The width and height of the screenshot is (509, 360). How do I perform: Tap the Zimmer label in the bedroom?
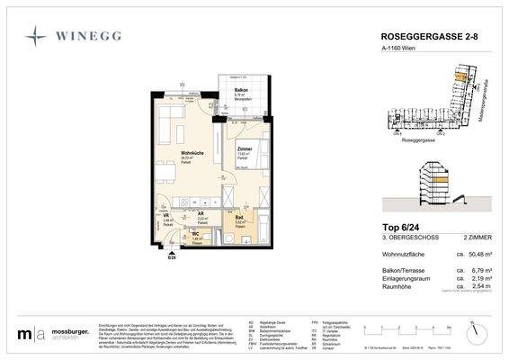(244, 148)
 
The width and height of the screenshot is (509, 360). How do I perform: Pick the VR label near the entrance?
(166, 217)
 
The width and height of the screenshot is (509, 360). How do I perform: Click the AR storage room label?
(201, 214)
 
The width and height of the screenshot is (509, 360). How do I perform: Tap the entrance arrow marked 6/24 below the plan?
(172, 254)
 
